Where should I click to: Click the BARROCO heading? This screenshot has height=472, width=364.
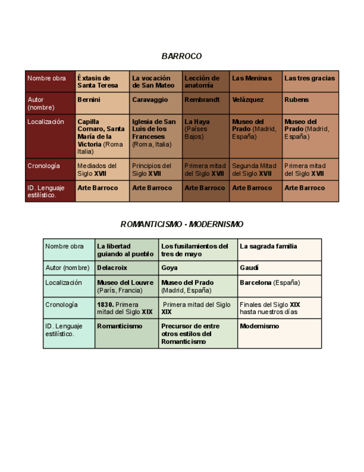(x=182, y=56)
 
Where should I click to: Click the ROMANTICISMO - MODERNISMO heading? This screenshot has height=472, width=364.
(x=182, y=224)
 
